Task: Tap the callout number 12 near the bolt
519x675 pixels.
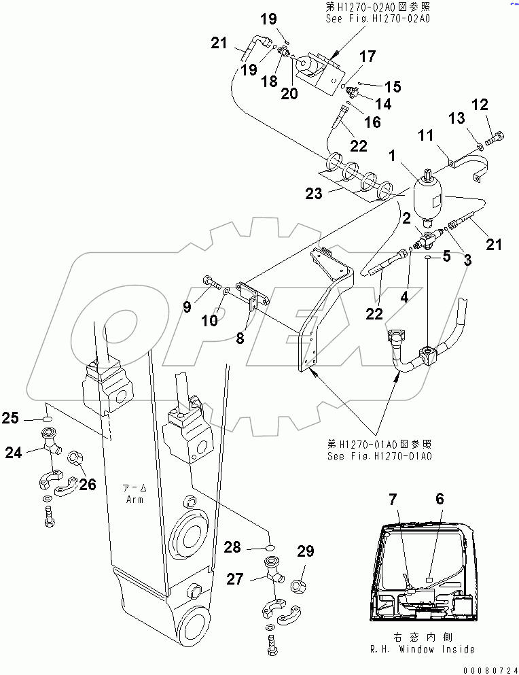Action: [480, 105]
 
